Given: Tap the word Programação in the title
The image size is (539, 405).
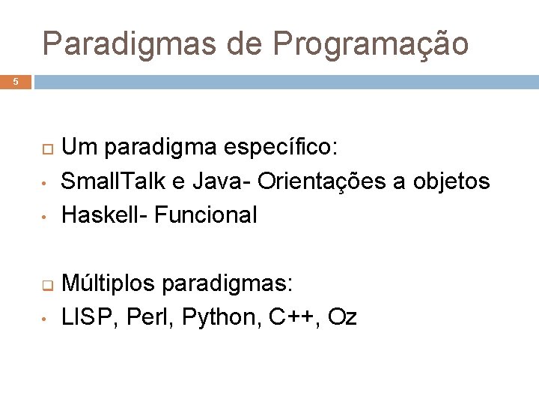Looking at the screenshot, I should click(x=371, y=45).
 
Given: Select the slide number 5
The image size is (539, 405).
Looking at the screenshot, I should click(x=16, y=82).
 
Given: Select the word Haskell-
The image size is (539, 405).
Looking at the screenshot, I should click(x=104, y=215).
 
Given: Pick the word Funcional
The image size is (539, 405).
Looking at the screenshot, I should click(x=205, y=215).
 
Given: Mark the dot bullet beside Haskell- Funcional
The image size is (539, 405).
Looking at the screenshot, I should click(x=45, y=217).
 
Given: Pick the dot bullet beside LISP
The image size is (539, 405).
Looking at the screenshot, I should click(x=45, y=319).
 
